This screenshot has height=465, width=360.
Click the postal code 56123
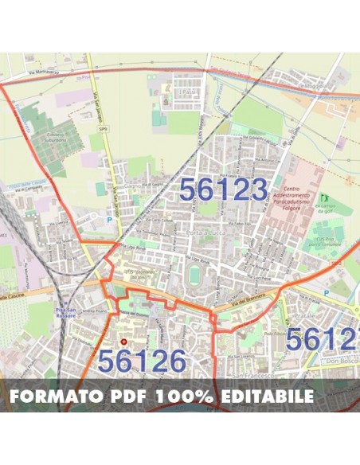click(x=222, y=190)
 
